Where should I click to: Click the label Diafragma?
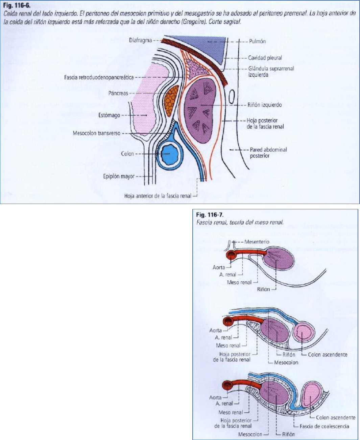140,41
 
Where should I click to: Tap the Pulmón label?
257,42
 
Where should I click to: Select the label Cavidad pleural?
265,58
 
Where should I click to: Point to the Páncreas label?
118,93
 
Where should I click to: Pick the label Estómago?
109,115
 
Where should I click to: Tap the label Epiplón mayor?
119,176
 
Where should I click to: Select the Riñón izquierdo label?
264,105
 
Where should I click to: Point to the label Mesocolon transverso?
97,133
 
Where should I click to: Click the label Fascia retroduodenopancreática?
99,77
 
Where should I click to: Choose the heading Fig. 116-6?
17,6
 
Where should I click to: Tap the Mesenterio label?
257,242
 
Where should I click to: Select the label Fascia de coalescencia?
324,426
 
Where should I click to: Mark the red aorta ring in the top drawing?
232,255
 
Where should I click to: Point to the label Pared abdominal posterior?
268,153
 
